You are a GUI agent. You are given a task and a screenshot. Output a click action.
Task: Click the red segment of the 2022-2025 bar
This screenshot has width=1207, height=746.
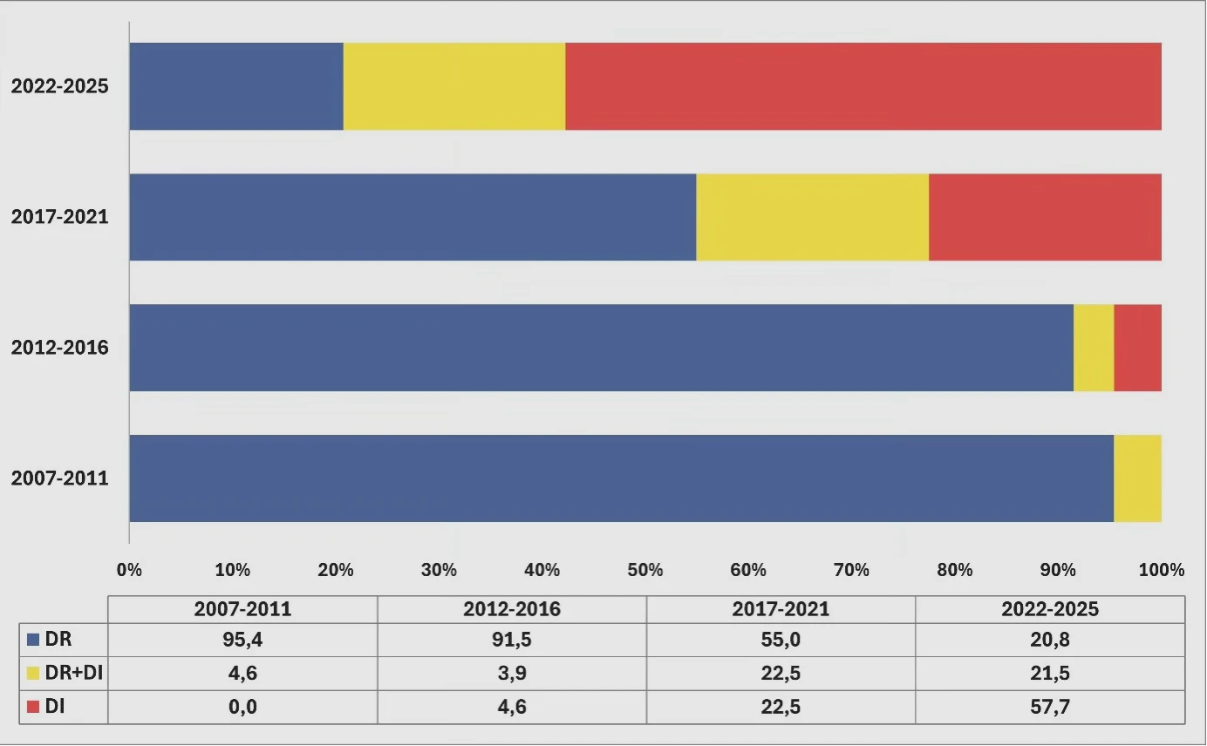863,86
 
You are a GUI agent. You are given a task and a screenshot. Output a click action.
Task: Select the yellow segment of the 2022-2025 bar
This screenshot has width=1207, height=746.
454,86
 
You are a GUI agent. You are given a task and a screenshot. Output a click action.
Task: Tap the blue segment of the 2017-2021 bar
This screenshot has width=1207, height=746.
413,217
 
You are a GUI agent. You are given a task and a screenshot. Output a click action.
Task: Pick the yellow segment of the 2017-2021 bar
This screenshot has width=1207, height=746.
813,217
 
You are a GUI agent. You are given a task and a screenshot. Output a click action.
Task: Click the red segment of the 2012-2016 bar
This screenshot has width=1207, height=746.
1137,348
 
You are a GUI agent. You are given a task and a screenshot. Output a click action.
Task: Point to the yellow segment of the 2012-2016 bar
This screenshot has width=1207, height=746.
1094,348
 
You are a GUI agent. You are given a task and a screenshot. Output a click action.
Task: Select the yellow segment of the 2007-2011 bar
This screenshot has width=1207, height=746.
1137,478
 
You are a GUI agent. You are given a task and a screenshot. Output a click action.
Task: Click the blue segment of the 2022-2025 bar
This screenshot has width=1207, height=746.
236,86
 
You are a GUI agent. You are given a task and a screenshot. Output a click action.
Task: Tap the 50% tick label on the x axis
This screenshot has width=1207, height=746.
645,570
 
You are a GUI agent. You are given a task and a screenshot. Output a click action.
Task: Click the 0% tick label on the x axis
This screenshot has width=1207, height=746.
129,570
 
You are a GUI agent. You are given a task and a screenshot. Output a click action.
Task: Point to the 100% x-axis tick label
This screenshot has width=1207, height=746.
1161,570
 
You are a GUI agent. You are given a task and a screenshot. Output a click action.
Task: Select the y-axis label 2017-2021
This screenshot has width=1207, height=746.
60,216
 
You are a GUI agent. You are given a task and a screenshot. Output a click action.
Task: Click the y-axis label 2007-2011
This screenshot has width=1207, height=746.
60,478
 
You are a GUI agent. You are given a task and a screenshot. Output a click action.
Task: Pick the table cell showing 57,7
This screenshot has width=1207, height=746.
1050,706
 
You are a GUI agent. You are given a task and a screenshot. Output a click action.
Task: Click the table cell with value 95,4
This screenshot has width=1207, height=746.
242,640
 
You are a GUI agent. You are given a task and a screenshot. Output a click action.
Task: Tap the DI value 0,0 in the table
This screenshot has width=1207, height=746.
242,706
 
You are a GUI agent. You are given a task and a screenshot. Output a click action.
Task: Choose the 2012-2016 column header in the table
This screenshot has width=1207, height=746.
512,609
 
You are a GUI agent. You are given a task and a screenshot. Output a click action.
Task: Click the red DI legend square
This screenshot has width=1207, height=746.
33,706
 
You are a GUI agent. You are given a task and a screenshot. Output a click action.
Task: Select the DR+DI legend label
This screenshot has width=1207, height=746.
74,673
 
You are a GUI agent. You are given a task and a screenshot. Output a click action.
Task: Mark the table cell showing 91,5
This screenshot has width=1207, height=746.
512,640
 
